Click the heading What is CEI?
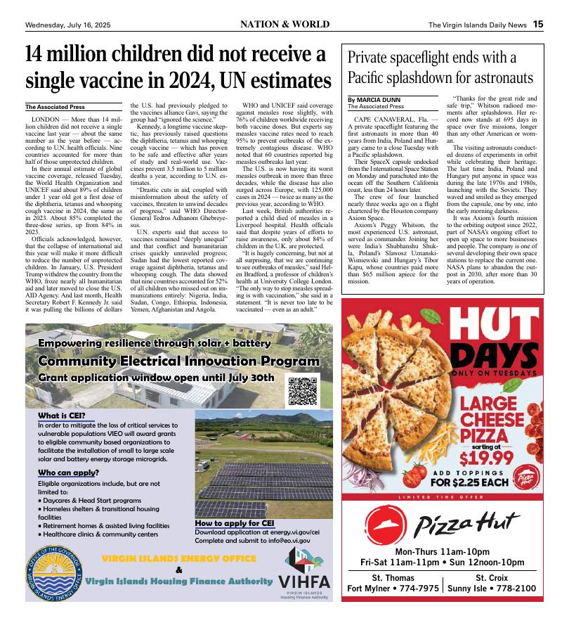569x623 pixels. (62, 416)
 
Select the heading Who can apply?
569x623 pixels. (67, 473)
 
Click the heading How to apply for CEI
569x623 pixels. (234, 523)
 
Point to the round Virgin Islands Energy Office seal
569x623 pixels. (55, 572)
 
